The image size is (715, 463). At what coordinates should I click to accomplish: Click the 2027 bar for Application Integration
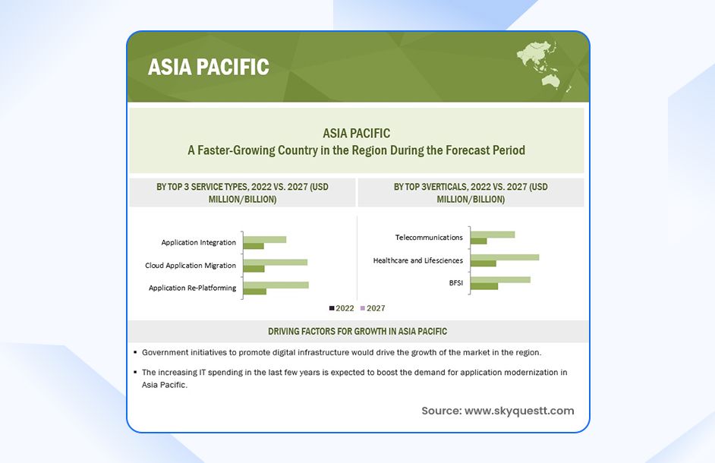264,239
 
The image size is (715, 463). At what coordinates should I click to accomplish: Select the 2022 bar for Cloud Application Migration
254,269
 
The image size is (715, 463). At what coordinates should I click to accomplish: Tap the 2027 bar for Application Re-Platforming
276,285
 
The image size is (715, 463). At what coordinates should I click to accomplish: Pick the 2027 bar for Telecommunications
493,234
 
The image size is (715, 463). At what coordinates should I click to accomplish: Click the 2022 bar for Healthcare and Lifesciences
483,263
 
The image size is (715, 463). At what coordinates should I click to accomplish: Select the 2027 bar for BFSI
500,279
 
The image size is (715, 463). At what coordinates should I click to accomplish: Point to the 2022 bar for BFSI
484,286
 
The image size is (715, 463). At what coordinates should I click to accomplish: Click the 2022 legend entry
342,308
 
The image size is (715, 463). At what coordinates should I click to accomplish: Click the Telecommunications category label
429,238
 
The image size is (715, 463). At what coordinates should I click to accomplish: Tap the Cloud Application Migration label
191,266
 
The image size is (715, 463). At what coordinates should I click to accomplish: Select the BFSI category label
455,282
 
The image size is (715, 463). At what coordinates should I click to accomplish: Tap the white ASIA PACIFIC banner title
209,67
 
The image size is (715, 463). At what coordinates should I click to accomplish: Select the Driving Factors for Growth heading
357,332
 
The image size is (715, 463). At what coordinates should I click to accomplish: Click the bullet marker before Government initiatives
134,353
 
